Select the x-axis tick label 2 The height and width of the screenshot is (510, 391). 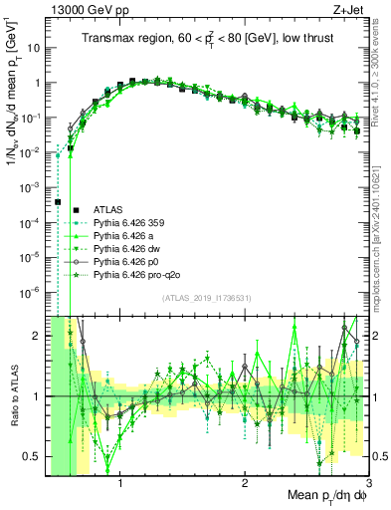tap(245, 485)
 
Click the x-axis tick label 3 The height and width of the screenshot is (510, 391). tap(368, 485)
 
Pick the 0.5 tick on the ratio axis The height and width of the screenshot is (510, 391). tap(33, 456)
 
